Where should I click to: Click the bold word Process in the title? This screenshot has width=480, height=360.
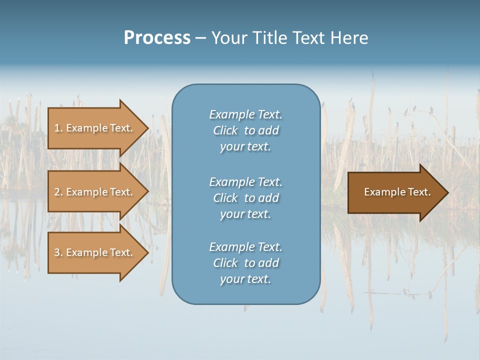[x=157, y=37]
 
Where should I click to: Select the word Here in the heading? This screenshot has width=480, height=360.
[x=349, y=37]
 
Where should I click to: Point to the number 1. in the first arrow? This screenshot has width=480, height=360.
[x=58, y=128]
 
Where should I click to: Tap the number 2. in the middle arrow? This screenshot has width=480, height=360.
[x=58, y=192]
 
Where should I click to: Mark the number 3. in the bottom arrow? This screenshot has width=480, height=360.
[x=58, y=252]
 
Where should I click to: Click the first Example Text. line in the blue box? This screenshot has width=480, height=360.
[x=245, y=114]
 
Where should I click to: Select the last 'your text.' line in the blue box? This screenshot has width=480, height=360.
[x=245, y=279]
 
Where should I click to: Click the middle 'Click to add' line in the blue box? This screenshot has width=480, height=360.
[x=245, y=198]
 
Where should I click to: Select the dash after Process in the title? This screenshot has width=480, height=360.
[x=200, y=38]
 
